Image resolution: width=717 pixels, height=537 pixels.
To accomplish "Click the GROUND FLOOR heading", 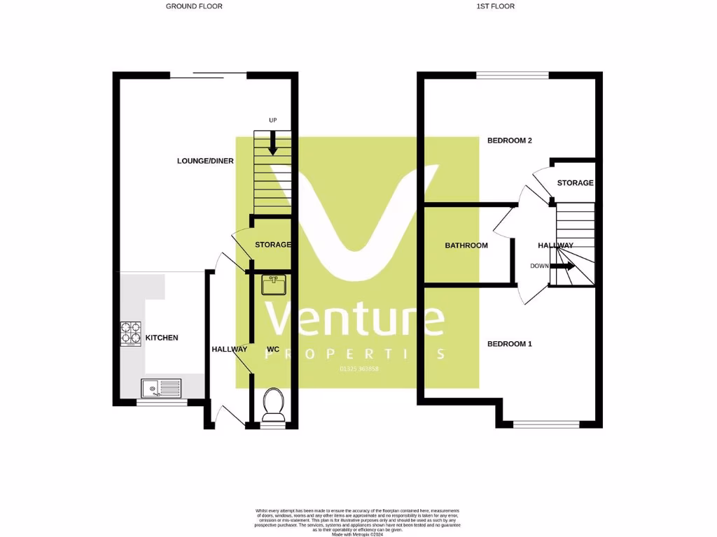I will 194,6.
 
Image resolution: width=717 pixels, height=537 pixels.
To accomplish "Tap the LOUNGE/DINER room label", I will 205,161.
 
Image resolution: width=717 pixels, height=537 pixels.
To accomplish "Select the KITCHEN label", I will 162,338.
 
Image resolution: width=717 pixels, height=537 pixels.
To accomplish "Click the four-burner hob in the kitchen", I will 131,334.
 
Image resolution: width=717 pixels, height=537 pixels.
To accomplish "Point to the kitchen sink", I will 161,387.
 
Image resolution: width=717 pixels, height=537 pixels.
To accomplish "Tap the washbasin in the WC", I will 273,285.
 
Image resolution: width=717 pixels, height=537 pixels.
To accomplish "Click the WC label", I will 273,349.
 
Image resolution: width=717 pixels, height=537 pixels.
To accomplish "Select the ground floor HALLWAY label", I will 229,349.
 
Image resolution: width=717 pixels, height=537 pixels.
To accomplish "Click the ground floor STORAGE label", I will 273,245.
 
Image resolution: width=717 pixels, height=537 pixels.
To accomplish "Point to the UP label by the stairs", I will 273,120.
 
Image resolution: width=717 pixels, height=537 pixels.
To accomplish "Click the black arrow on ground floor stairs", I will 273,143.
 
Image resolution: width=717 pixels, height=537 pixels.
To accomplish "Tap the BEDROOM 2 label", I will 510,141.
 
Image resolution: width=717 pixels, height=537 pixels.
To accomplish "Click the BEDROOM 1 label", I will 510,344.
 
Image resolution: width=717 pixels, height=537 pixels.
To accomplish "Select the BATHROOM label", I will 466,245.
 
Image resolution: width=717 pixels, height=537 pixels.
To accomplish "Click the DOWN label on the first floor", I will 540,266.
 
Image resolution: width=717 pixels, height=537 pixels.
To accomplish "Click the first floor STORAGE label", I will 575,183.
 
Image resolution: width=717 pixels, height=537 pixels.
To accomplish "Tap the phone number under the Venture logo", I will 358,368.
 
